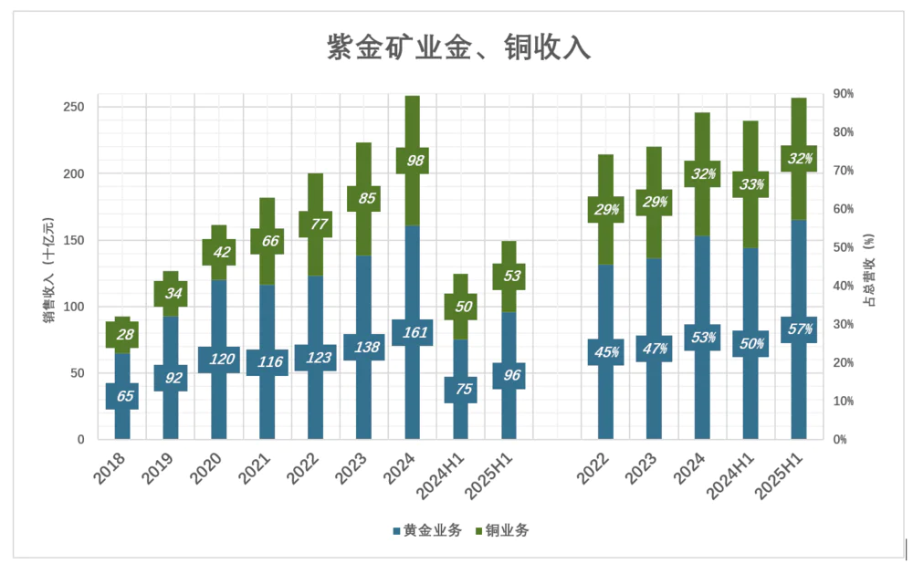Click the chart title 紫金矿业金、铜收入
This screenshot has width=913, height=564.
[x=458, y=47]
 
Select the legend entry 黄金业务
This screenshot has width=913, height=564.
[x=427, y=530]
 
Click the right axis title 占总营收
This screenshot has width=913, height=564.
[x=869, y=269]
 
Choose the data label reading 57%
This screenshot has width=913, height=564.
[x=799, y=329]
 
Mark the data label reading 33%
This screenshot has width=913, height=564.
[x=750, y=184]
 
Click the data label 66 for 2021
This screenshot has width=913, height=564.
[x=267, y=241]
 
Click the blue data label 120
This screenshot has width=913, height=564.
[x=218, y=360]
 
